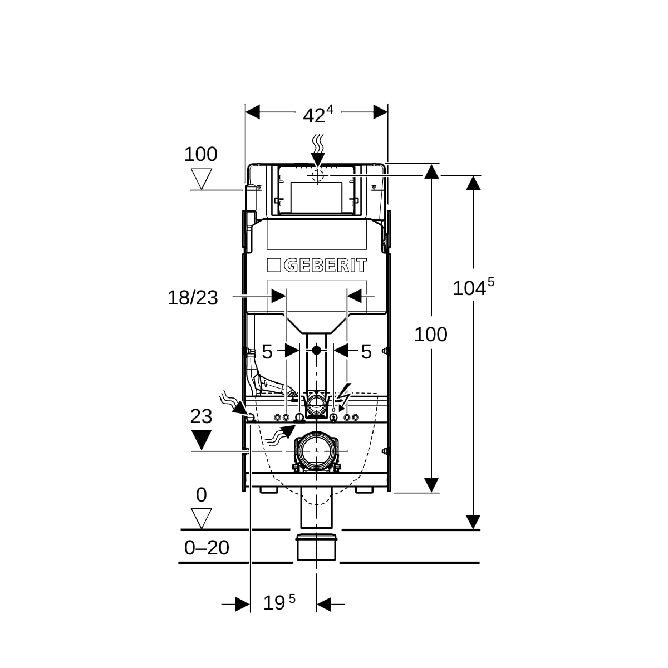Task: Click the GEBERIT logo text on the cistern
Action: tap(326, 266)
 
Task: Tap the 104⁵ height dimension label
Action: tap(473, 287)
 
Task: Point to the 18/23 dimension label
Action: tap(193, 298)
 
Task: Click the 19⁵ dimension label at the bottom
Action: tap(279, 602)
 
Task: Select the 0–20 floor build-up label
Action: tap(207, 548)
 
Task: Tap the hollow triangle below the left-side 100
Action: tap(201, 179)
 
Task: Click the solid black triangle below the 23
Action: tap(201, 440)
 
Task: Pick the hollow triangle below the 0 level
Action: tap(201, 518)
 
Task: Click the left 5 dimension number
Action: tap(267, 352)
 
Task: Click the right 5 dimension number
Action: tap(366, 352)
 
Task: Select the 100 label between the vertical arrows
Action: tap(430, 335)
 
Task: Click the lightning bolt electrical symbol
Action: tap(344, 395)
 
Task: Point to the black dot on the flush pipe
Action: tap(316, 351)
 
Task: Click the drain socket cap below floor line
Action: tap(316, 547)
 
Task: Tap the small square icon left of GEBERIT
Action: tap(274, 266)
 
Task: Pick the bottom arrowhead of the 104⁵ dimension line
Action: tap(473, 522)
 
